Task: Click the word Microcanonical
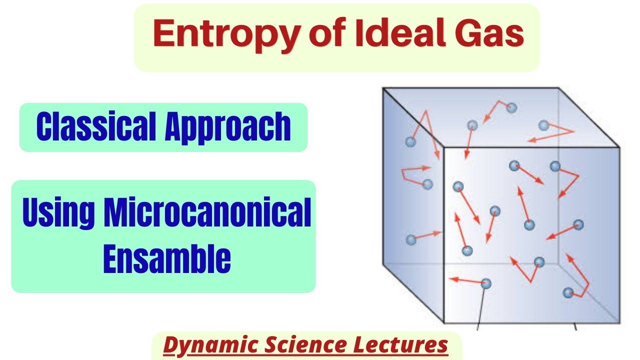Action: coord(207,212)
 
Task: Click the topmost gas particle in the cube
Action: coord(510,107)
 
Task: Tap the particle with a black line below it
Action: coord(485,283)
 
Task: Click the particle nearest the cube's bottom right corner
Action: coord(568,292)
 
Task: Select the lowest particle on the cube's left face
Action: coord(411,239)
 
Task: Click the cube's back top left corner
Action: coord(383,88)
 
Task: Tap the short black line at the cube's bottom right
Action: coord(574,326)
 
